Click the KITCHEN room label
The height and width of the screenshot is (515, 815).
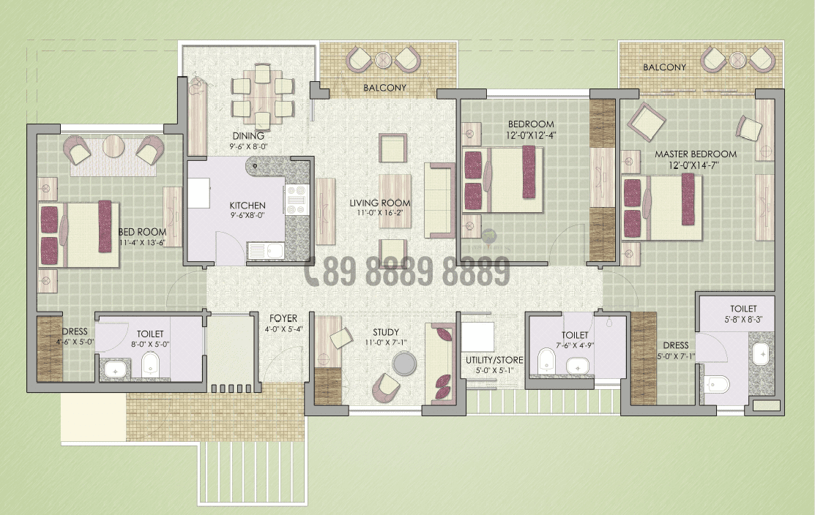pyautogui.click(x=247, y=206)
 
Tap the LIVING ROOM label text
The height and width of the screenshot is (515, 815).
pyautogui.click(x=379, y=203)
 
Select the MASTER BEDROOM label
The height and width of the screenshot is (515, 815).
pyautogui.click(x=695, y=154)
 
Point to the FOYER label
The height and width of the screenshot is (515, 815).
pyautogui.click(x=283, y=318)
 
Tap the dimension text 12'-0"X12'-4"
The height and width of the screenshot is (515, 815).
pyautogui.click(x=531, y=135)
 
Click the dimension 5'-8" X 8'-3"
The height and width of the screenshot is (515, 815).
pyautogui.click(x=743, y=320)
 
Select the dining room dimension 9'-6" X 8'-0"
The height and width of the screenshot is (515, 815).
pyautogui.click(x=248, y=146)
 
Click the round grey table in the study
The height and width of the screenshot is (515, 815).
pyautogui.click(x=404, y=364)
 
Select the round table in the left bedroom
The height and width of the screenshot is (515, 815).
pyautogui.click(x=113, y=147)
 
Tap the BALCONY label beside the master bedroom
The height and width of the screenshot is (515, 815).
pyautogui.click(x=664, y=67)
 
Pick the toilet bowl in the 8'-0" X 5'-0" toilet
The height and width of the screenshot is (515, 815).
pyautogui.click(x=150, y=364)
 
